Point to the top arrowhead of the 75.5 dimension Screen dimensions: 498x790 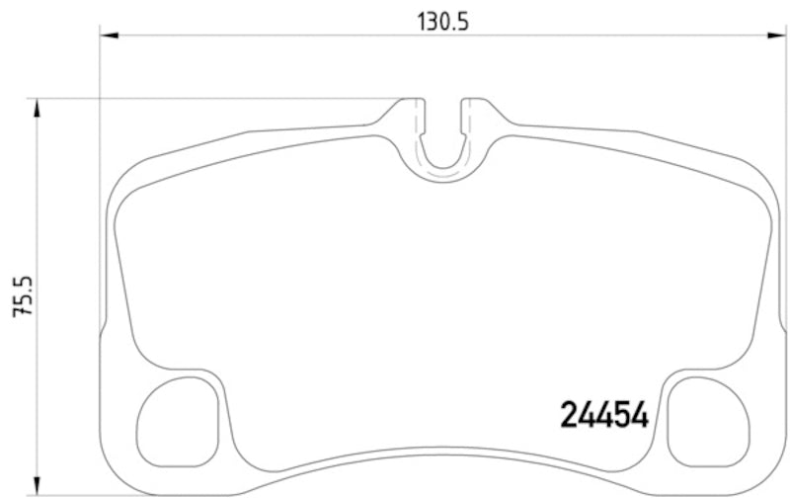click(x=38, y=107)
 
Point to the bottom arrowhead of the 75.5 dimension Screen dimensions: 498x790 click(x=38, y=488)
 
